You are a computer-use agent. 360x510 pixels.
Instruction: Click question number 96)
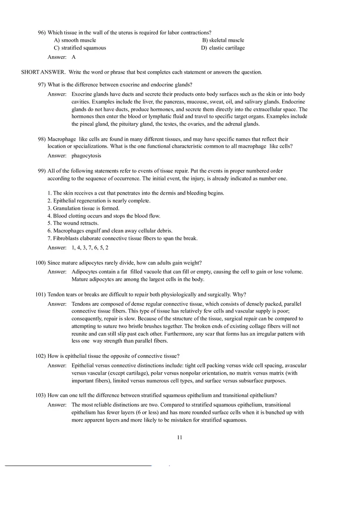(42, 33)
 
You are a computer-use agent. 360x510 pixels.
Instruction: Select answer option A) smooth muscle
(75, 40)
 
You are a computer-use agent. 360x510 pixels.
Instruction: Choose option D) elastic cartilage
(223, 48)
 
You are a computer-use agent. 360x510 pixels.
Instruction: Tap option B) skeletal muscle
(223, 40)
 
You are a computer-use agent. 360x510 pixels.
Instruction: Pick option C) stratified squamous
(80, 48)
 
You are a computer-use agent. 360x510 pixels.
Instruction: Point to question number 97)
(42, 85)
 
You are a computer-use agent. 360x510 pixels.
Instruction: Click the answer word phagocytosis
(86, 156)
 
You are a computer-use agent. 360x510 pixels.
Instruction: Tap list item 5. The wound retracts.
(73, 223)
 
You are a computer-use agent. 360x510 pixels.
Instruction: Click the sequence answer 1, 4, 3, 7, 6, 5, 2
(90, 248)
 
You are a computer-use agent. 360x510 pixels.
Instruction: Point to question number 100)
(40, 263)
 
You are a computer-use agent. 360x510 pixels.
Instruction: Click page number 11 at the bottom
(180, 438)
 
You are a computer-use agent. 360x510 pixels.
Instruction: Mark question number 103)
(40, 395)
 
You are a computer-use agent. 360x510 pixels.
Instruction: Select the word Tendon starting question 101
(56, 294)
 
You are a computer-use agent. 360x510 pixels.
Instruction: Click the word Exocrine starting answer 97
(82, 94)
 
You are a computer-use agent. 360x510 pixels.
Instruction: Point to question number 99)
(42, 171)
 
